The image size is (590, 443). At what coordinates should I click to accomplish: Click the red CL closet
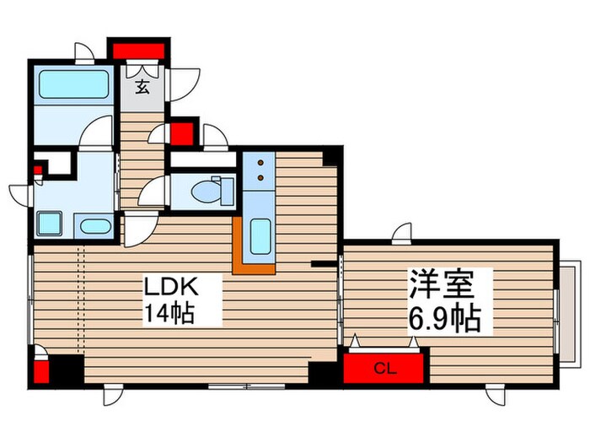pos(384,368)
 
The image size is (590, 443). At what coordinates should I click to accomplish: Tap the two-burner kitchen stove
pos(260,170)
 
